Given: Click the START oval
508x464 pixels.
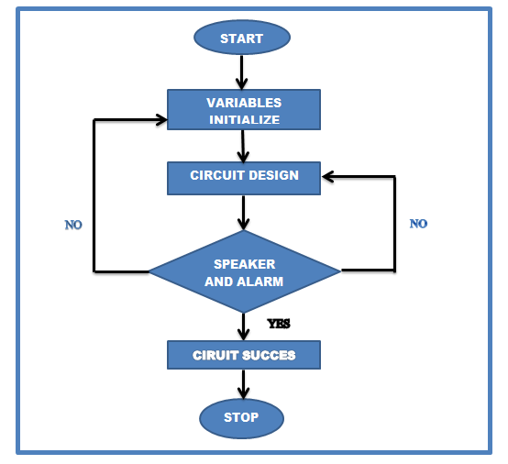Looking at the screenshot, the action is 242,38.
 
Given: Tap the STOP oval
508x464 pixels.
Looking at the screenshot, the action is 242,418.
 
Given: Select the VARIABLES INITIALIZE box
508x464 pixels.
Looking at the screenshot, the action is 244,110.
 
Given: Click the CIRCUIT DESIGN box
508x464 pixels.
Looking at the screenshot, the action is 244,178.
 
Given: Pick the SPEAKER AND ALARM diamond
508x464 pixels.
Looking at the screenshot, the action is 245,271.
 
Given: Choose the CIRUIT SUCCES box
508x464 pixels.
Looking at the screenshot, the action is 244,355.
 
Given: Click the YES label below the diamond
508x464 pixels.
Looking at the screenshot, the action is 279,324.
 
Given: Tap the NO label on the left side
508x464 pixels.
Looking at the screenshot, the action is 73,225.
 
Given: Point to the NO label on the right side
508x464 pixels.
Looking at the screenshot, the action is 418,224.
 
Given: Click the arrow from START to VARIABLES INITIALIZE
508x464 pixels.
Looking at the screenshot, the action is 242,72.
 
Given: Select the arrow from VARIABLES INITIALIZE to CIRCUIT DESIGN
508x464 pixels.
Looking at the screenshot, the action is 243,146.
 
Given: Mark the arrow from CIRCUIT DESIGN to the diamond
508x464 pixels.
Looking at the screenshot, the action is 243,213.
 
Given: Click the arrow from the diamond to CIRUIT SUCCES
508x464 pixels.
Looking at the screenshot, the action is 243,326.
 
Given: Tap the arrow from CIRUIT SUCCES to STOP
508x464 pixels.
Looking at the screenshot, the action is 243,384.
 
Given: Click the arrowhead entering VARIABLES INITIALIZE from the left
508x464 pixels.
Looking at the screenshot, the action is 161,119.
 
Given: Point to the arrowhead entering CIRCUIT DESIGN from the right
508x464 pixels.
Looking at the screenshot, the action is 328,177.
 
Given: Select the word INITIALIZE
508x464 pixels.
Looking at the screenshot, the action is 244,120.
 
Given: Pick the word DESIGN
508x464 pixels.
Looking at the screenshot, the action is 274,175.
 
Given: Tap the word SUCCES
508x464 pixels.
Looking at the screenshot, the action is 269,356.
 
